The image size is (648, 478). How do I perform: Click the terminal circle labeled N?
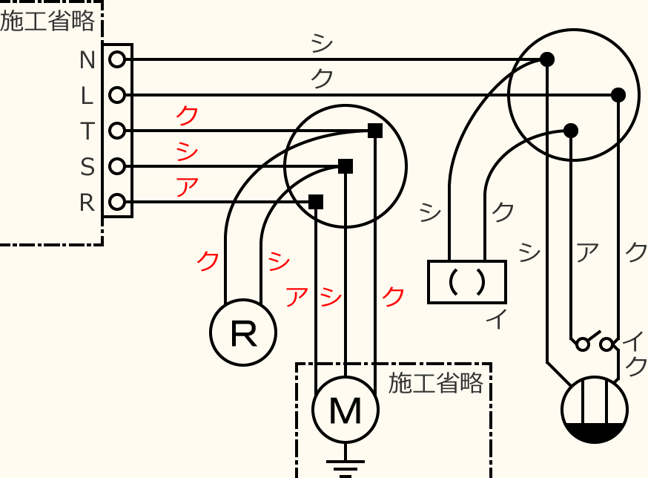116,59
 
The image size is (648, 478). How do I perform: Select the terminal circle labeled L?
116,95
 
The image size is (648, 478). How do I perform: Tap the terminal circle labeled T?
116,131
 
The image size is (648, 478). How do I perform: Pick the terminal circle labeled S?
116,166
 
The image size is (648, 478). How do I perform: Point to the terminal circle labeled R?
116,202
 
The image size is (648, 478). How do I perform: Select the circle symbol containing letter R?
243,333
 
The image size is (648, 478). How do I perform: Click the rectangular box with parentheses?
467,281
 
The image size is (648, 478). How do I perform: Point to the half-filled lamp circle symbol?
595,410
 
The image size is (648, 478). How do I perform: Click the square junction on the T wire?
375,131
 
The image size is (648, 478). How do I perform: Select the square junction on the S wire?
346,166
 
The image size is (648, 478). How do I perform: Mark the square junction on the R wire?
316,202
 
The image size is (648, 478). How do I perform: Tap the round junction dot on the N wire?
547,59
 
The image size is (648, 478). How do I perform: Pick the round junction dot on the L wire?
618,95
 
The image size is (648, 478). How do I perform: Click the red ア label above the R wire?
186,186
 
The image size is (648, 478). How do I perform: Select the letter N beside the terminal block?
87,59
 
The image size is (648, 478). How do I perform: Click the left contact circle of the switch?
583,344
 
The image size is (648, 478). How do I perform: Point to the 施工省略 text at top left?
47,22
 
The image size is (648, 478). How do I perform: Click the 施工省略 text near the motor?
436,383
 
